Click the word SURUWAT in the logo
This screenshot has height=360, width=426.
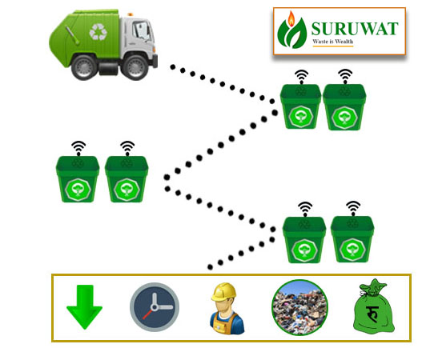[355, 29]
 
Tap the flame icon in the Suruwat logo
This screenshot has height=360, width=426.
[291, 19]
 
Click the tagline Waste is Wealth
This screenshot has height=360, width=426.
[333, 42]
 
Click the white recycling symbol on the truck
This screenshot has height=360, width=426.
[98, 32]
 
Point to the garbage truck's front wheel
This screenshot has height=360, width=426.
[135, 66]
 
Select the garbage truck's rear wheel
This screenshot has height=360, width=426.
[84, 66]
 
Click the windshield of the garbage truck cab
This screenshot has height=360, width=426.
[142, 31]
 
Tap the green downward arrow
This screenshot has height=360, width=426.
[85, 307]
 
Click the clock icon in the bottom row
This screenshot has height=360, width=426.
[155, 307]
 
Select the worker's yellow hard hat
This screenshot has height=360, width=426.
[224, 292]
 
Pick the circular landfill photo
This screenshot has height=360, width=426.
[300, 307]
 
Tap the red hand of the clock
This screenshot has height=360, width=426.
[148, 314]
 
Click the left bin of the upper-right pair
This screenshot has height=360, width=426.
[301, 106]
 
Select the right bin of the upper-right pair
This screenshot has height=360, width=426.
[344, 107]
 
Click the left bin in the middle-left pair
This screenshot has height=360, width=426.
[78, 179]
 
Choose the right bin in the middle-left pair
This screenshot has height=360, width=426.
[127, 179]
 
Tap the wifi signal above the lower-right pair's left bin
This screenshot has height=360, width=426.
[305, 209]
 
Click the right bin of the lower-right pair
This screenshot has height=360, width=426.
[352, 239]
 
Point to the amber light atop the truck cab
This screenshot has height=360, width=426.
[131, 14]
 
